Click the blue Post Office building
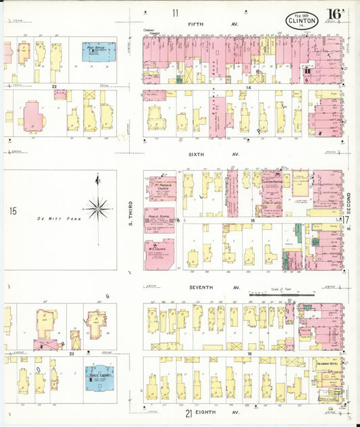99,52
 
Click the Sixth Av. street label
213,154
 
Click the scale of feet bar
282,295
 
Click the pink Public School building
159,220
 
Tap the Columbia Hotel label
328,363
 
